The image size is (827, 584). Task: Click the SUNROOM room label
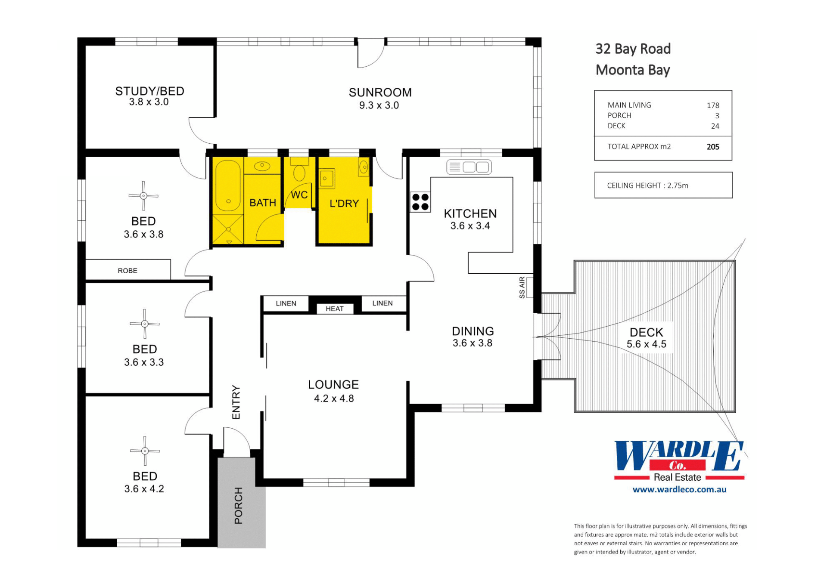[x=380, y=93]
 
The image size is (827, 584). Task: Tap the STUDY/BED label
[x=149, y=91]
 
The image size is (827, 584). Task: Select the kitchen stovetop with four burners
[x=420, y=202]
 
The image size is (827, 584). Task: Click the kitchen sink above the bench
[x=469, y=167]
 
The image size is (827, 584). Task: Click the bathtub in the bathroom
[x=228, y=186]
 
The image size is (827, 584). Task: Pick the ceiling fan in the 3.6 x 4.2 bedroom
[x=145, y=451]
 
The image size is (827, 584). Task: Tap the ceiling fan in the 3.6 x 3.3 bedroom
[x=145, y=324]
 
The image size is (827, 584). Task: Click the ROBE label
[x=127, y=271]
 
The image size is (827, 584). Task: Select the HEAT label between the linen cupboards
[x=335, y=309]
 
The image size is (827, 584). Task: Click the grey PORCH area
[x=241, y=503]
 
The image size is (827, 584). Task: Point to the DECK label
[x=646, y=332]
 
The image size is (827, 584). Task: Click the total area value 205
[x=713, y=147]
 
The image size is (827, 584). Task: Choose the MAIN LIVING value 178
[x=713, y=105]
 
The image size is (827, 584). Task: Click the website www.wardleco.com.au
[x=679, y=489]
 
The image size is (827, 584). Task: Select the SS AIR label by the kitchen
[x=522, y=287]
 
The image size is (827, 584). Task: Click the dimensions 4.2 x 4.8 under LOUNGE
[x=334, y=399]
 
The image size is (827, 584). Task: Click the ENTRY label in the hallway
[x=236, y=402]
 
